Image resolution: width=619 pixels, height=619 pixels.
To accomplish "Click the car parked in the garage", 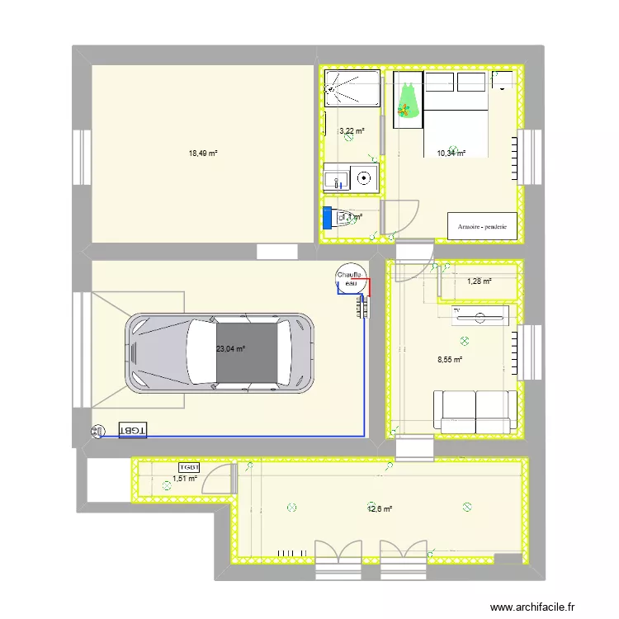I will [220, 350].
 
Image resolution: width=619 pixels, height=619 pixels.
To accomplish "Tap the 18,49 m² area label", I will [203, 154].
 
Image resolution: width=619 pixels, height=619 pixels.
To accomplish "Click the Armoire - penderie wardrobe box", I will [482, 225].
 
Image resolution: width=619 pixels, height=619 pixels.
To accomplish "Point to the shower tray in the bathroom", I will [353, 88].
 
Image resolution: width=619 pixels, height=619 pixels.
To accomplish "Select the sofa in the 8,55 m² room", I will [475, 411].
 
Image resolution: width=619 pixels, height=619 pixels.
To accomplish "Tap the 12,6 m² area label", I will [380, 509].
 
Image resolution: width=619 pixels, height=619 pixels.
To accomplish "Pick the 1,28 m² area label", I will [480, 281].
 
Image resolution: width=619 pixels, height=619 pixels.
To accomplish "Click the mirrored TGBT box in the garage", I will [133, 431].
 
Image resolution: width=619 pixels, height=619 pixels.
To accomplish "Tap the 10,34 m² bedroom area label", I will [451, 153].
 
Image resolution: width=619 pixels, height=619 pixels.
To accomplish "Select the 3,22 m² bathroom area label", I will [352, 130].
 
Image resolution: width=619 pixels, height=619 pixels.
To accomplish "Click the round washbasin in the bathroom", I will [364, 176].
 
